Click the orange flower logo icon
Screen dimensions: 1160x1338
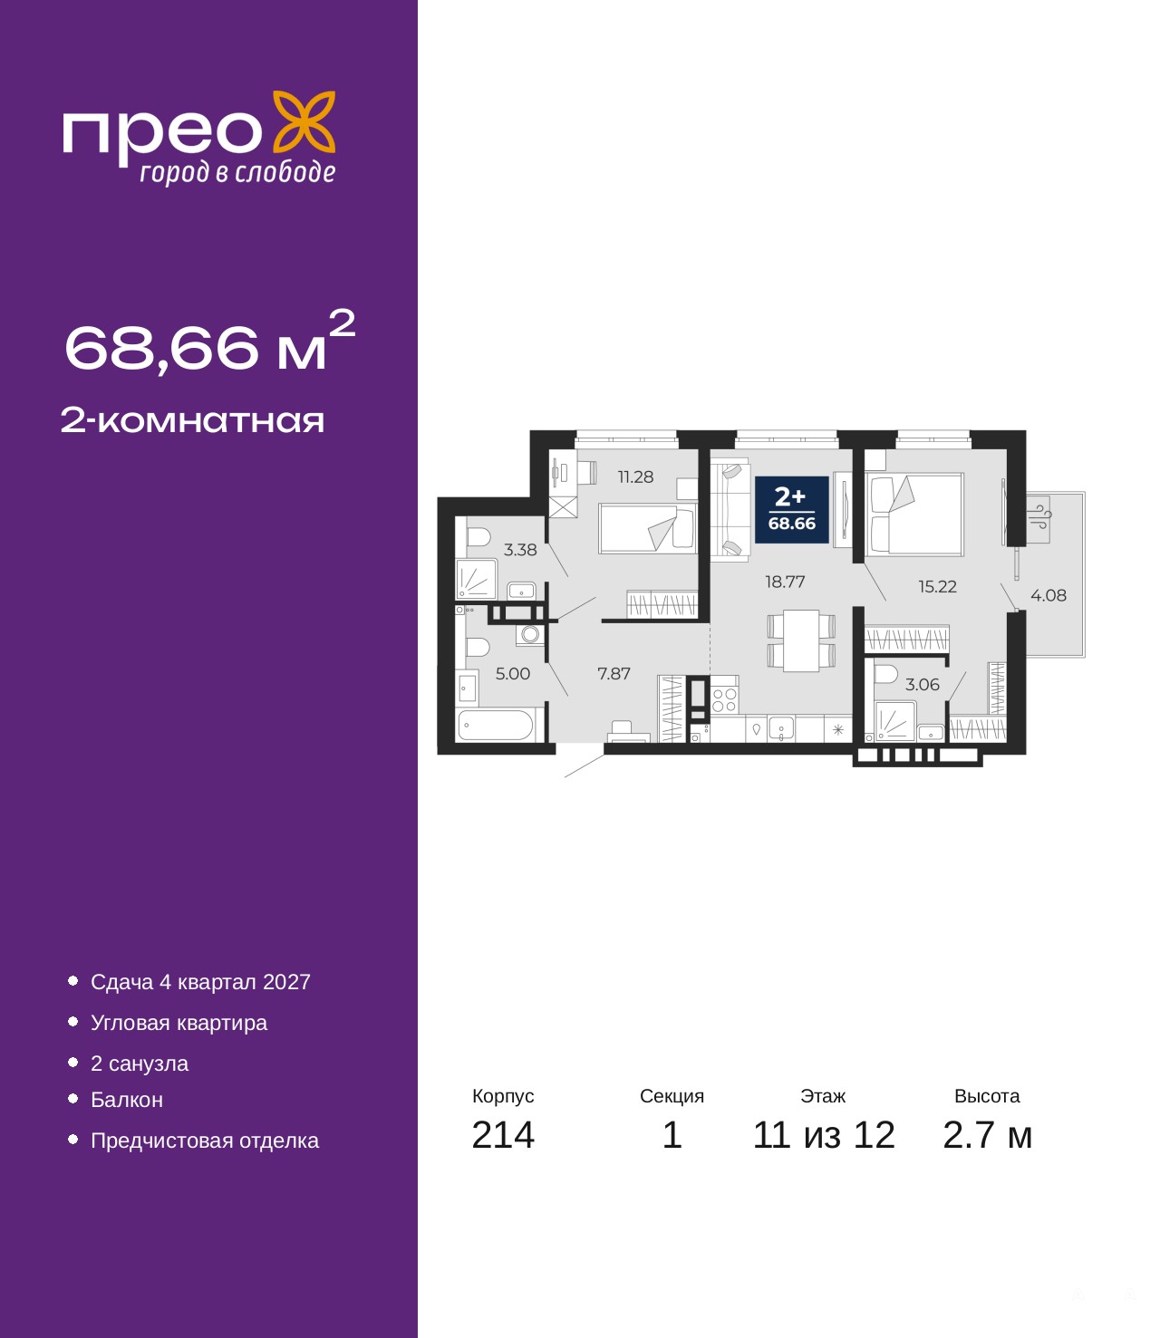pyautogui.click(x=304, y=123)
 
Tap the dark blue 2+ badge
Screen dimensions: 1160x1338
pyautogui.click(x=791, y=510)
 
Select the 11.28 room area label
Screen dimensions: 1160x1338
pyautogui.click(x=635, y=477)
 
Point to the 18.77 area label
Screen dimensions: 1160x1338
pyautogui.click(x=785, y=582)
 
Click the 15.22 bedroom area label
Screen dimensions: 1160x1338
pyautogui.click(x=937, y=586)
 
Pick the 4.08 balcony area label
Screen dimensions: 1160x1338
pyautogui.click(x=1048, y=595)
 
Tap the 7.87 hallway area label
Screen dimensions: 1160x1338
pyautogui.click(x=614, y=674)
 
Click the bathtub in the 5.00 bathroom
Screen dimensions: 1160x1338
pyautogui.click(x=496, y=726)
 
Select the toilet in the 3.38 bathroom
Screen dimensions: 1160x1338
pyautogui.click(x=478, y=537)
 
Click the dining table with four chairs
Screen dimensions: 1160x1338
pyautogui.click(x=801, y=640)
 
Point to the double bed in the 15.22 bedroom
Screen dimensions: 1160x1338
pyautogui.click(x=914, y=514)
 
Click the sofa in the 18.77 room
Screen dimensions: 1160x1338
pyautogui.click(x=730, y=509)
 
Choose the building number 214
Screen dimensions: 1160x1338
pyautogui.click(x=503, y=1152)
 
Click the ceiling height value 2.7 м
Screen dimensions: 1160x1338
pyautogui.click(x=987, y=1152)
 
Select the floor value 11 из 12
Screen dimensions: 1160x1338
pyautogui.click(x=824, y=1152)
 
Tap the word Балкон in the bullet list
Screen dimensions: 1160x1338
pyautogui.click(x=127, y=1100)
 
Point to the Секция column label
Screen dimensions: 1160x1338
pyautogui.click(x=672, y=1096)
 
